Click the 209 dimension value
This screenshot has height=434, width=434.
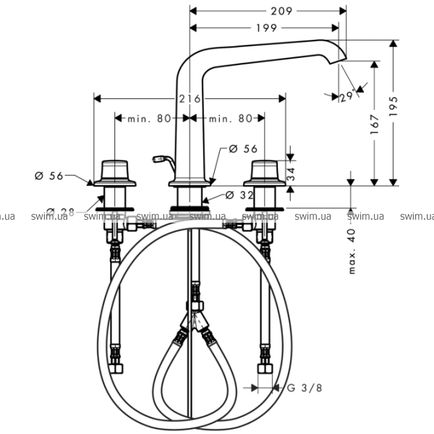tap(281, 11)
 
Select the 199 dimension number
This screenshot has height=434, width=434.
tap(266, 28)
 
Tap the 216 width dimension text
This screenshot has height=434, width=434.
tap(190, 99)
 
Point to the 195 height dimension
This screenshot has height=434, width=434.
tap(393, 106)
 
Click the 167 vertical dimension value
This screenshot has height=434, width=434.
tap(374, 124)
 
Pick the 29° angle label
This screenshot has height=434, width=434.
tap(347, 96)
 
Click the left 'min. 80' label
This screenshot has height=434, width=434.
tap(149, 119)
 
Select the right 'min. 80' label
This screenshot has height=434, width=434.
tap(231, 119)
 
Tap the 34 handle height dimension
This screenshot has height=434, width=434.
tap(291, 174)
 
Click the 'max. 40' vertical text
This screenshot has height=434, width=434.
tap(352, 251)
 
